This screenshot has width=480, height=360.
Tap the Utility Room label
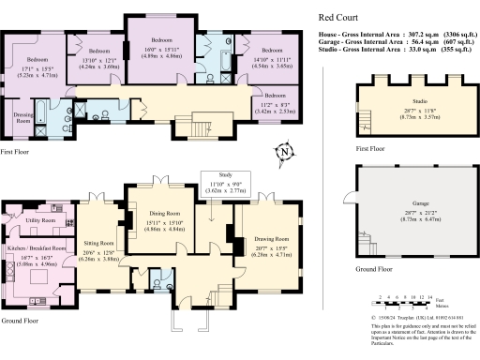pos(40,220)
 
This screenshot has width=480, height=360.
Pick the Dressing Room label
pos(22,118)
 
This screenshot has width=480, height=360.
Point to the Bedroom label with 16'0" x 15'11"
pos(162,41)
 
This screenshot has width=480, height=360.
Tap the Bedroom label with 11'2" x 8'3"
pos(274,96)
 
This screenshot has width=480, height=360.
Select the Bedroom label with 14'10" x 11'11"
pos(271,50)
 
